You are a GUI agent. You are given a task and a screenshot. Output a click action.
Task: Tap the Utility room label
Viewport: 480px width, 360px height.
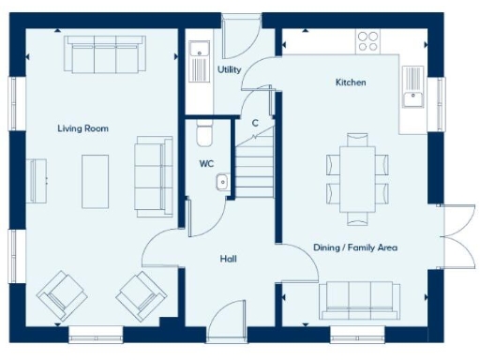[x=230, y=70]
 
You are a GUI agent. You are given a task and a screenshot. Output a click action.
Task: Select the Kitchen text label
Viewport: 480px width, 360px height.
[x=351, y=82]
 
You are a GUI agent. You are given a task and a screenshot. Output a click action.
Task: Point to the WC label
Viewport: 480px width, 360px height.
[x=206, y=164]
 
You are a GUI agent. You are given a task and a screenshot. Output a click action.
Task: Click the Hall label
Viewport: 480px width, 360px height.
[x=228, y=258]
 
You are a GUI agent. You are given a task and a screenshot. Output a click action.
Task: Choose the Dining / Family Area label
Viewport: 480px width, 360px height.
[x=355, y=247]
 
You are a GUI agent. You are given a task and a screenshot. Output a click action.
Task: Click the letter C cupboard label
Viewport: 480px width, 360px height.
[x=254, y=123]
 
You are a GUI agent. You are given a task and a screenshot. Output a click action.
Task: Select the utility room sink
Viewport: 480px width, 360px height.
[x=198, y=65]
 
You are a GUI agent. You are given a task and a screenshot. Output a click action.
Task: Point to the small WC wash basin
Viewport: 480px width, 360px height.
[x=222, y=182]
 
